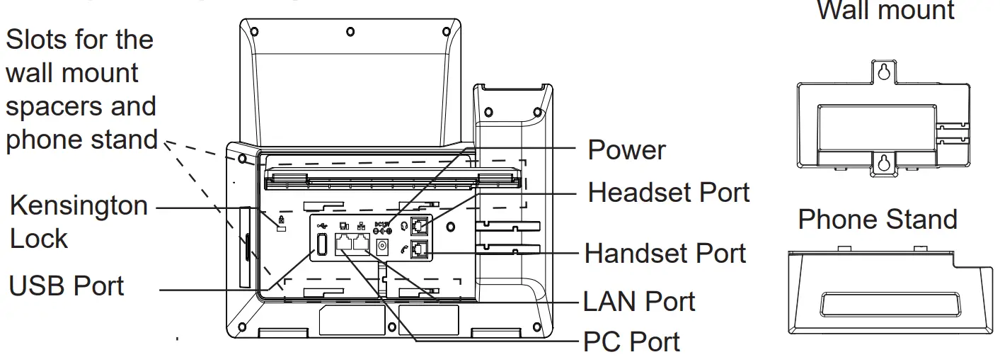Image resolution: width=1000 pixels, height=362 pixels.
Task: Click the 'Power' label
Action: coord(626,151)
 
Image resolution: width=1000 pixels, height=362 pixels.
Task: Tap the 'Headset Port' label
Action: coord(668,192)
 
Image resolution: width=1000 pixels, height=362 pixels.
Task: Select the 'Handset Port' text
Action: coord(665,253)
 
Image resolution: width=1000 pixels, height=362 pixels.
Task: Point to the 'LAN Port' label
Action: coord(639,302)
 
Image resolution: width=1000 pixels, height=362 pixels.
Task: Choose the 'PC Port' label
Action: coord(631,342)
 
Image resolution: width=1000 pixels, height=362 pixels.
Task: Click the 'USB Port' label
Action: coord(67,286)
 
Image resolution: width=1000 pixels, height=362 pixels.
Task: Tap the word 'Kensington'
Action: coord(78,206)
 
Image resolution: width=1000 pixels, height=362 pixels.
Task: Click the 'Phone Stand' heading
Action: coord(877,220)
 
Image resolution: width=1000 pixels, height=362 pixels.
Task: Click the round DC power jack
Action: coord(383,247)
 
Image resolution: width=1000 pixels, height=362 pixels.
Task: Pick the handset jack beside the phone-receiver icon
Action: coord(419,249)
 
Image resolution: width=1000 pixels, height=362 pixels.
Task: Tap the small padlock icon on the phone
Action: coord(281,221)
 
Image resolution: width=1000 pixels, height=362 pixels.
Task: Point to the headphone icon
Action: coord(405,226)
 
